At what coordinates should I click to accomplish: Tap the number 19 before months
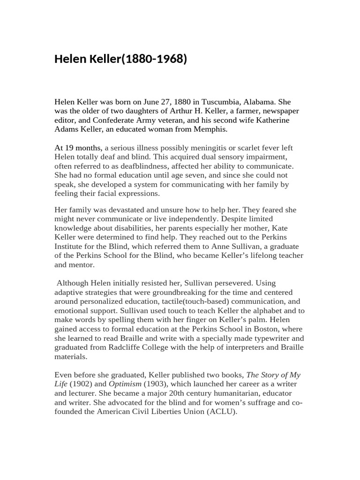(x=68, y=148)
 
